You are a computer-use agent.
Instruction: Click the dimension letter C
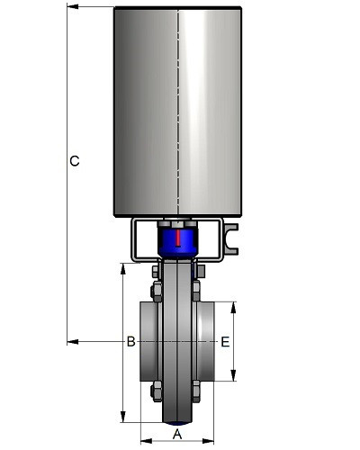[75, 161]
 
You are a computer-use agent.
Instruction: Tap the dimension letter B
[130, 342]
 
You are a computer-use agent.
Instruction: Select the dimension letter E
[225, 342]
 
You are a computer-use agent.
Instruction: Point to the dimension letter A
[177, 435]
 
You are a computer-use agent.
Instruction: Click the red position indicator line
[178, 238]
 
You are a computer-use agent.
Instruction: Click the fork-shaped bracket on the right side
[232, 238]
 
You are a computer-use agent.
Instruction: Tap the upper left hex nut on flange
[156, 292]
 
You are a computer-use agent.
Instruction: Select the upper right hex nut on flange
[196, 291]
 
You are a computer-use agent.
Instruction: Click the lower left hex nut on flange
[156, 391]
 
